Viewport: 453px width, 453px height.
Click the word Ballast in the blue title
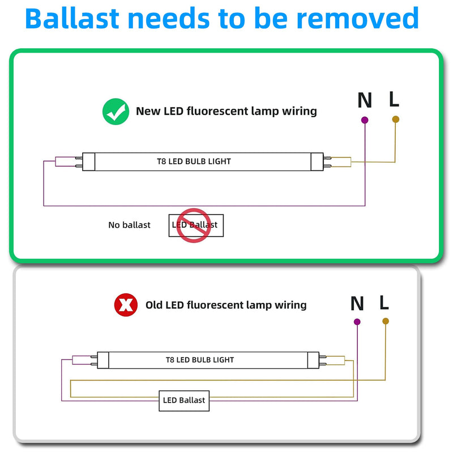[72, 19]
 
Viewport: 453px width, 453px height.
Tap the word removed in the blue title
[358, 19]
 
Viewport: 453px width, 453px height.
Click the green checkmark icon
[116, 112]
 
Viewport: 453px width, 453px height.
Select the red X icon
[126, 305]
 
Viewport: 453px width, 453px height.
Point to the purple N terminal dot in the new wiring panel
[365, 120]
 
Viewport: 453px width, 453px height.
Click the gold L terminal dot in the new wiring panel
[395, 119]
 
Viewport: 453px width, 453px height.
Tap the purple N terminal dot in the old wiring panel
[357, 322]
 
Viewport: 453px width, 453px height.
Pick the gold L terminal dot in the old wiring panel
[386, 321]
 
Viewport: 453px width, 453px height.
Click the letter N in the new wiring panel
[365, 100]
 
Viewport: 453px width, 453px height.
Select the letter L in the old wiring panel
[384, 302]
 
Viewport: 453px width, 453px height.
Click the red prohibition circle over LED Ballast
[194, 225]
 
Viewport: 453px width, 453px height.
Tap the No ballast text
[129, 225]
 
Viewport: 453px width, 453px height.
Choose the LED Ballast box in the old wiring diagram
[184, 401]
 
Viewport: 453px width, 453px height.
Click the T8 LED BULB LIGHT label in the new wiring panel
[194, 161]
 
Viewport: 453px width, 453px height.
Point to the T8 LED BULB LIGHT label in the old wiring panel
[200, 360]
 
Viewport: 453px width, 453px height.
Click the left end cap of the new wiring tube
[89, 162]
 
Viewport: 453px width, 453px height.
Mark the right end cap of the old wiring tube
[314, 360]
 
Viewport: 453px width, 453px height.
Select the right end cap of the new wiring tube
[317, 162]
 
